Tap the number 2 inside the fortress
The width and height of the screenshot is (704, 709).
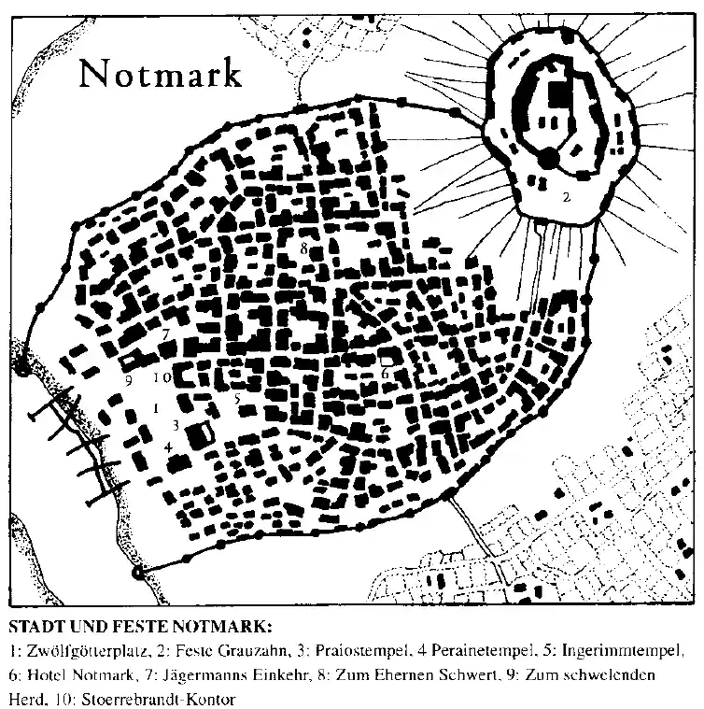(566, 197)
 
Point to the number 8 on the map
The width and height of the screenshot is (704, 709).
(304, 248)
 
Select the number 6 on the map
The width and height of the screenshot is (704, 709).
(384, 373)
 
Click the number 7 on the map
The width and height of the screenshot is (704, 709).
(164, 333)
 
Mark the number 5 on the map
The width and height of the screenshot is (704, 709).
(238, 400)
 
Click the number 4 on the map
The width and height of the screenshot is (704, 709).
(168, 447)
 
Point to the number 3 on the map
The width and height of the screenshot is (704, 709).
(175, 425)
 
